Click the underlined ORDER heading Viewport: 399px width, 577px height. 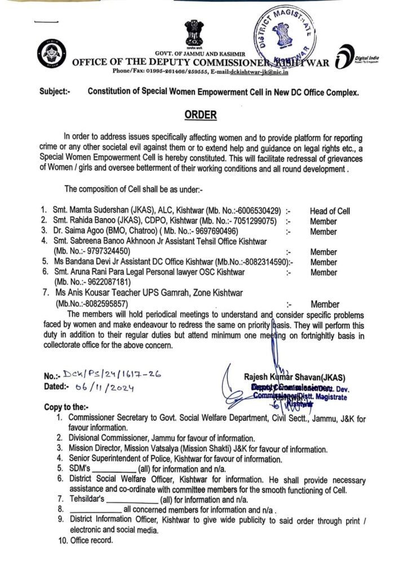click(x=201, y=115)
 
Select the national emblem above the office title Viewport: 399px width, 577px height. click(x=193, y=34)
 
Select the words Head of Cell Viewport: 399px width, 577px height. click(x=330, y=211)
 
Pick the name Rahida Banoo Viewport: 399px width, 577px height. click(x=95, y=221)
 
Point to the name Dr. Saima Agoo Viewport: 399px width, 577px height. click(x=77, y=231)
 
